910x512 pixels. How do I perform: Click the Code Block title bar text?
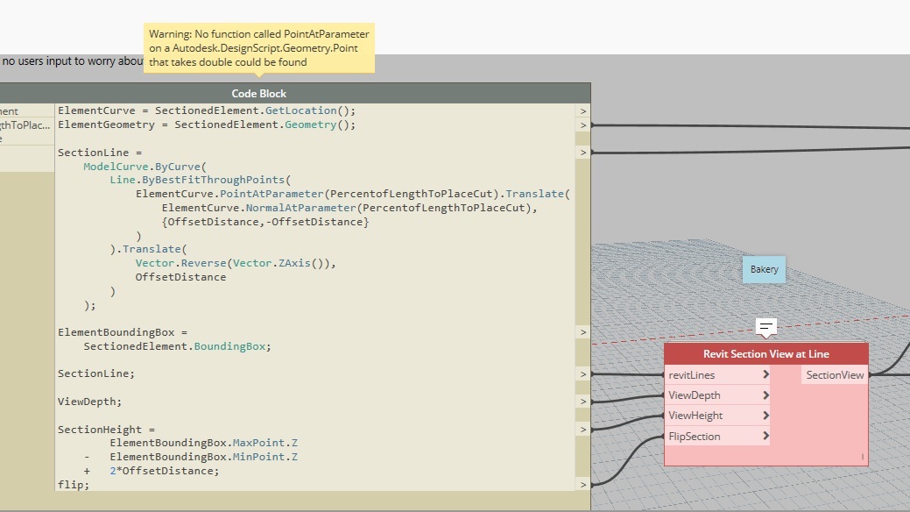[x=259, y=94]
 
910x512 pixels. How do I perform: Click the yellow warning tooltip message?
[x=259, y=48]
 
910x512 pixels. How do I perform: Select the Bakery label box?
[x=764, y=270]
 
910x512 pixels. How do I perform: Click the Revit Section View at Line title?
[x=766, y=354]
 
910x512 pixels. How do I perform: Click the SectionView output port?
[x=835, y=375]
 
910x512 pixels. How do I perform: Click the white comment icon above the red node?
[x=766, y=327]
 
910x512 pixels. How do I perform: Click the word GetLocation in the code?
[x=301, y=110]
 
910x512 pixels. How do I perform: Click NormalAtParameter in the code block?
[x=300, y=208]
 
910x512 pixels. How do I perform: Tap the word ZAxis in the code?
[x=294, y=263]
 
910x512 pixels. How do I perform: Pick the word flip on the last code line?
[x=70, y=485]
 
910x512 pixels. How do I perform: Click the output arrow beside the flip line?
[x=582, y=485]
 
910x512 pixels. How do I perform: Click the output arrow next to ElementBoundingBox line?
[x=582, y=332]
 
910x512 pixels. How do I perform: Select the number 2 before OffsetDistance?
[x=113, y=471]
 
